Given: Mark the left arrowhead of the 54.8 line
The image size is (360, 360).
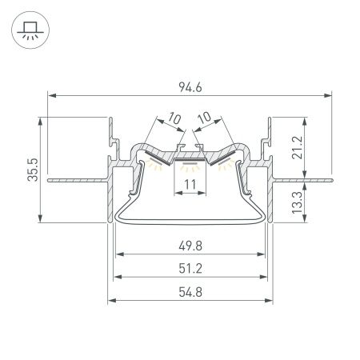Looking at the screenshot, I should (x=110, y=301).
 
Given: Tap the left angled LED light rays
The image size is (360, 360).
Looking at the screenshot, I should (x=156, y=167).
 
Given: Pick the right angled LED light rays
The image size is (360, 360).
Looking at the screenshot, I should (x=225, y=167).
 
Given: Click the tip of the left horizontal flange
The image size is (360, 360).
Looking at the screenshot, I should (x=49, y=181).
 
